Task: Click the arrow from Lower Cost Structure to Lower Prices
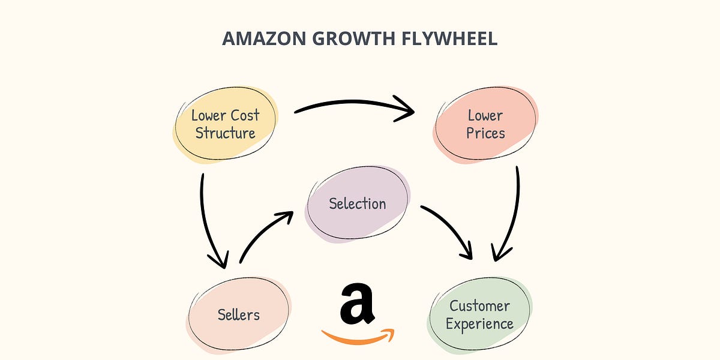click(354, 107)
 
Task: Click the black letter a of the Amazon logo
click(357, 304)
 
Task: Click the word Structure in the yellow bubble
click(225, 133)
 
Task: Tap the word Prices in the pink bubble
click(485, 133)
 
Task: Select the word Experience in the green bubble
click(479, 325)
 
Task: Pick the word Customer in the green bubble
click(479, 306)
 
